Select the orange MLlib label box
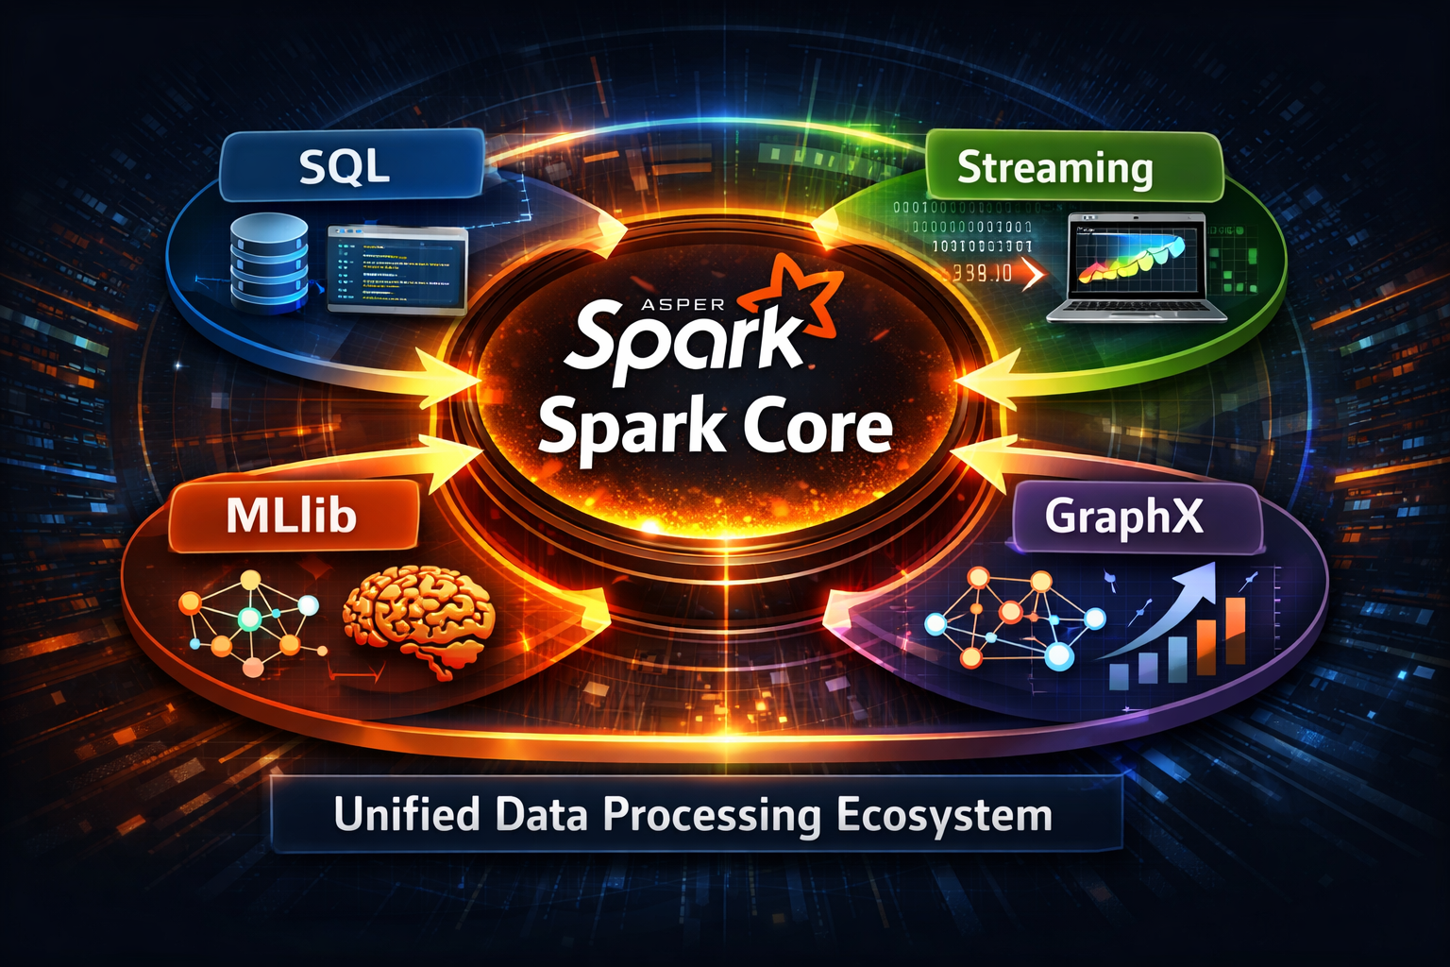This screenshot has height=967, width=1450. click(x=293, y=516)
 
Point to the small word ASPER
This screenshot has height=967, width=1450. click(x=683, y=304)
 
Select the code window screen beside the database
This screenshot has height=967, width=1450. click(x=396, y=268)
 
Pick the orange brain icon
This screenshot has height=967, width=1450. click(x=420, y=619)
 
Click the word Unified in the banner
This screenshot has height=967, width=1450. click(x=407, y=814)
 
